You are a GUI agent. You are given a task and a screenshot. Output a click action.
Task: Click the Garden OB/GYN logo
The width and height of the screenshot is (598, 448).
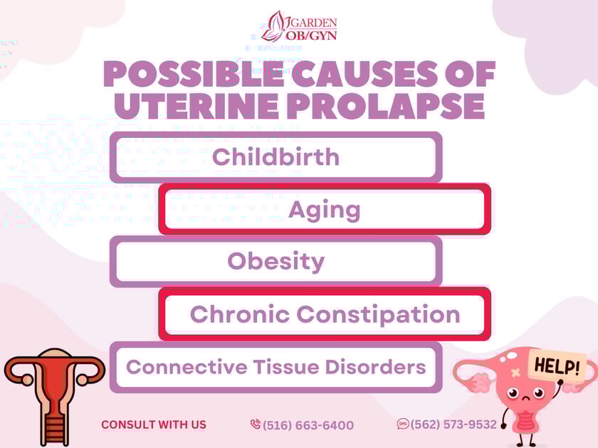298,26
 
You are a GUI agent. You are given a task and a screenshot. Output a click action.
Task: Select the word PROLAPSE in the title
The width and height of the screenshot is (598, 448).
388,106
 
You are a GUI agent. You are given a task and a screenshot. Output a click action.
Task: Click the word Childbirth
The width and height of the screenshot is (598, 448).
276,156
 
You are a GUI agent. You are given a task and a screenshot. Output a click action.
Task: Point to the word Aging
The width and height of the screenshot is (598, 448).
324,209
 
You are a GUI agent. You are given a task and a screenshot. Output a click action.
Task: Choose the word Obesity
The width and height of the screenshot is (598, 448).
276,261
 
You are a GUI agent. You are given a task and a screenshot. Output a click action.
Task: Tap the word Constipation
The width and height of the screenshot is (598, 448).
378,314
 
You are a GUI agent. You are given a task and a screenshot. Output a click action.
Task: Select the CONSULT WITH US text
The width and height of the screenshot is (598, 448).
154,425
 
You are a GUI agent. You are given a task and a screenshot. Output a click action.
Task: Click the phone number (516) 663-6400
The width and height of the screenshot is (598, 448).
308,425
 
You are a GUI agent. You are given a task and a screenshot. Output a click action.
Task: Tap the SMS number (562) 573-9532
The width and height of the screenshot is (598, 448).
453,425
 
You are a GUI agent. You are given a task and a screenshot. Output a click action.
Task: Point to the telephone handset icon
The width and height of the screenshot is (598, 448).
256,425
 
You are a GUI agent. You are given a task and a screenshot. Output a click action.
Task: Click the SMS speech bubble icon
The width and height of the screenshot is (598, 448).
403,424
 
